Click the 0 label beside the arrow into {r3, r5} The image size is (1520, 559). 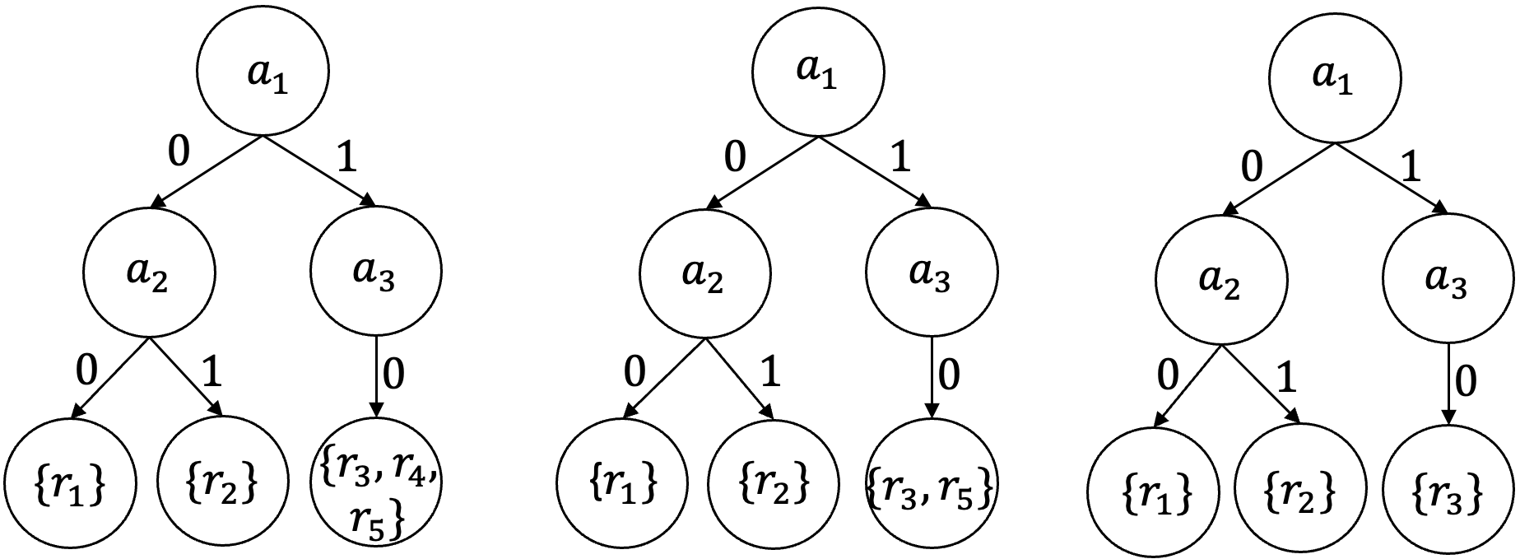[x=949, y=375]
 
